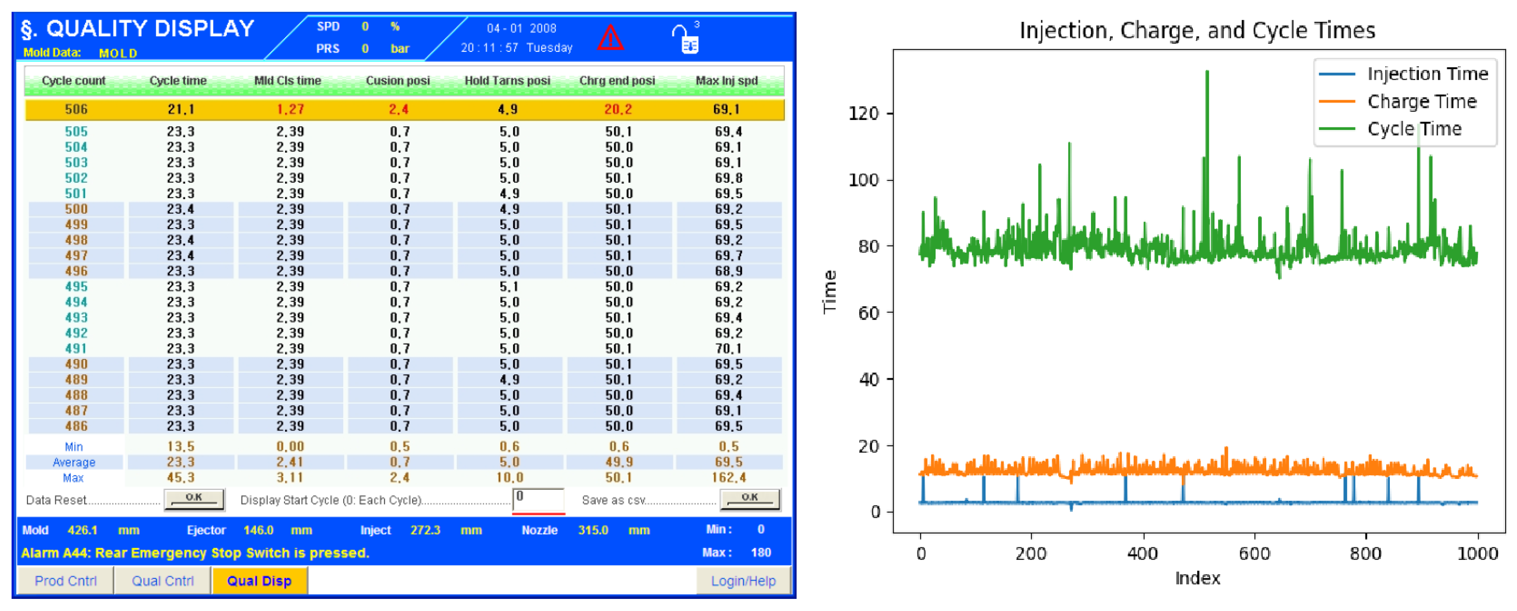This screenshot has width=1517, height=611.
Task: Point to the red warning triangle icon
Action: tap(610, 38)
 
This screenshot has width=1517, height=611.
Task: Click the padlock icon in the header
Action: tap(686, 39)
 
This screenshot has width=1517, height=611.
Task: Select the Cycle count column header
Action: tap(73, 81)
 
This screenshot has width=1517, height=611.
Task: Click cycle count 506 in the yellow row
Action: tap(76, 109)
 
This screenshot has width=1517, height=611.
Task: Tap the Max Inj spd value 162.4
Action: tap(728, 477)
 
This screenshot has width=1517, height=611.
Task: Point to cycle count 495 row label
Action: tap(76, 286)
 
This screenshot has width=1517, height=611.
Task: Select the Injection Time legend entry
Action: tap(1427, 73)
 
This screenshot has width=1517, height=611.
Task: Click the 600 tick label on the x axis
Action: tap(1255, 553)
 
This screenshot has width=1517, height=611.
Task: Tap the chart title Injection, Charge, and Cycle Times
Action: tap(1197, 29)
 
